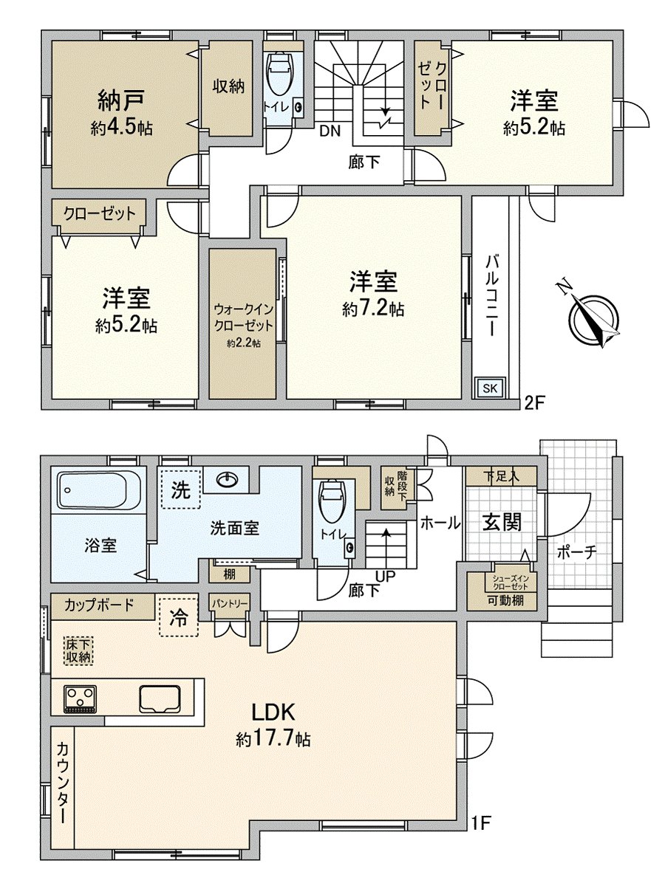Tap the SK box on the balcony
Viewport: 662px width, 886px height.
pyautogui.click(x=490, y=388)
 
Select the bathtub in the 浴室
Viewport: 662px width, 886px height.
pyautogui.click(x=99, y=490)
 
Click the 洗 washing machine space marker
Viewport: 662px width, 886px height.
pyautogui.click(x=180, y=490)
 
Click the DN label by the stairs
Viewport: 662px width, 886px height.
pyautogui.click(x=330, y=131)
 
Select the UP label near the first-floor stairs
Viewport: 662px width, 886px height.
pyautogui.click(x=386, y=576)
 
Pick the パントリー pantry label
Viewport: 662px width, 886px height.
pyautogui.click(x=230, y=603)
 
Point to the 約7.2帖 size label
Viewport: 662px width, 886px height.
pyautogui.click(x=373, y=309)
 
